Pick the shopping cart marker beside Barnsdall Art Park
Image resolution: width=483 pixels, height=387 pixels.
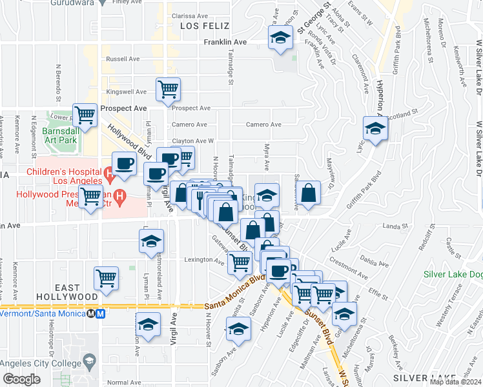click(85, 115)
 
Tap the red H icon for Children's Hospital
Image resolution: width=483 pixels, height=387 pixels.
click(109, 172)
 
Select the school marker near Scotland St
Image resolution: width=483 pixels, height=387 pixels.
click(375, 127)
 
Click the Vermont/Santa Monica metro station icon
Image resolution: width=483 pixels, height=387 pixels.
click(100, 313)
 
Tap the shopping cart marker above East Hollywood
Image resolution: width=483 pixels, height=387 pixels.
click(106, 278)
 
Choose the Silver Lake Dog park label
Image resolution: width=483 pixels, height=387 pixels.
click(453, 274)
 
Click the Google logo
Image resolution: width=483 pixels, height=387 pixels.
click(21, 379)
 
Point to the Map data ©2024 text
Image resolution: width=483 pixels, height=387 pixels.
click(455, 382)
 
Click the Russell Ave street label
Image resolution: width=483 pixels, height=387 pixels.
click(122, 58)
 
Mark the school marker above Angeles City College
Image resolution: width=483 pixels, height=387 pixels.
click(148, 324)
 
